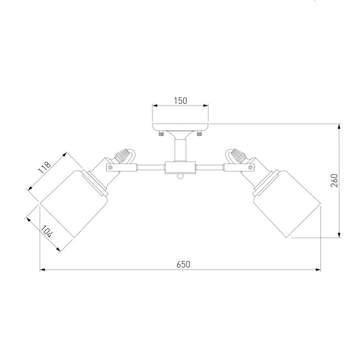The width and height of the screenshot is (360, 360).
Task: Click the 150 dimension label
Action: click(x=180, y=101)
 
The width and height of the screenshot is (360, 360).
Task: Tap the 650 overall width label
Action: click(x=184, y=265)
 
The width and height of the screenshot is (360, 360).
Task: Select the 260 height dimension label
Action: click(x=335, y=181)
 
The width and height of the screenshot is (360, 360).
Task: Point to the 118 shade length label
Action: click(x=44, y=167)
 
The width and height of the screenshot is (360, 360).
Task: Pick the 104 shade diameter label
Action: click(x=47, y=232)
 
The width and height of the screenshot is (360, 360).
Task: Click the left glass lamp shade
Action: click(x=74, y=204)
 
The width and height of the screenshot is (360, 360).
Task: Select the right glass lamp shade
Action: click(x=287, y=204)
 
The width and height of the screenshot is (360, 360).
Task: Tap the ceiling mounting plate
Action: click(x=181, y=127)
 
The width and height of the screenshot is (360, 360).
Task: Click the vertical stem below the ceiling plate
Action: click(x=181, y=150)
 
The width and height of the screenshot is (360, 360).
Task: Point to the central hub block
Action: click(x=181, y=167)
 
